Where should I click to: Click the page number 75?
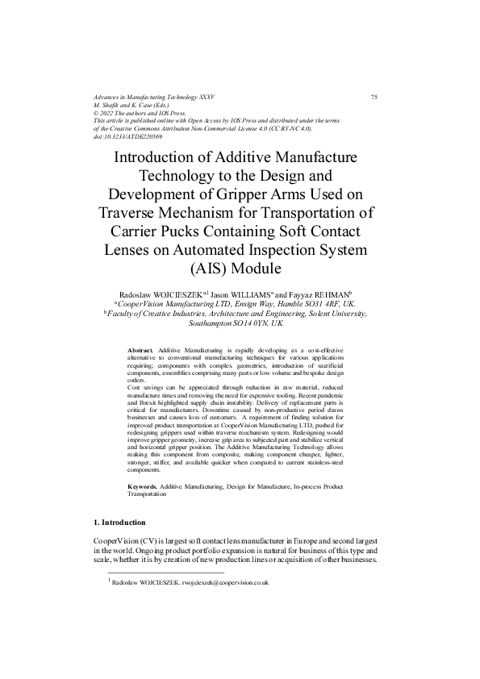[374, 97]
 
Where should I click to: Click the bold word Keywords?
[144, 489]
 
